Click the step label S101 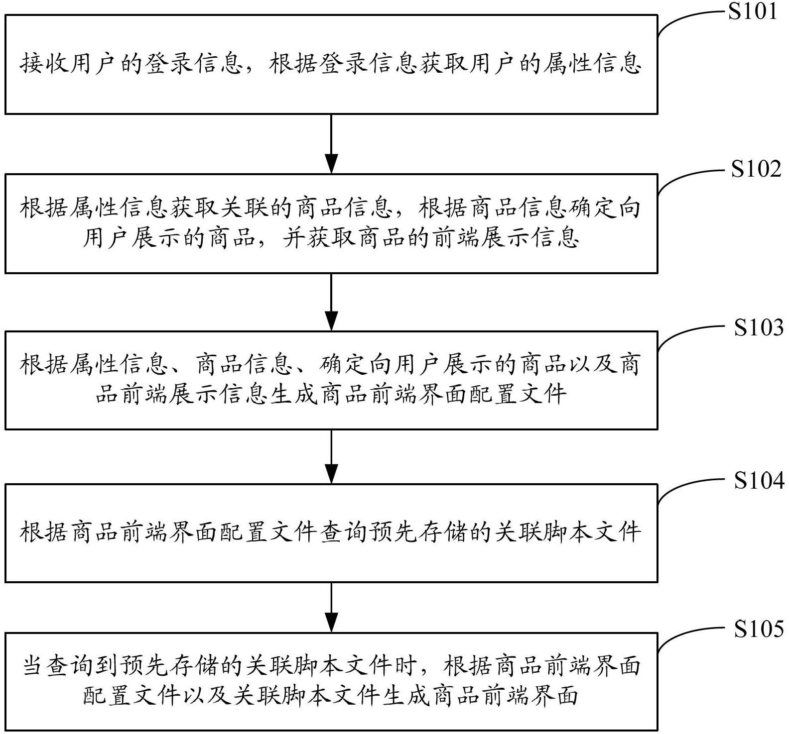752,11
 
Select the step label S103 758,327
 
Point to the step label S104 758,481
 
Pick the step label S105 758,629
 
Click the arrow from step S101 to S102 331,144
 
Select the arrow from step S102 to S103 331,302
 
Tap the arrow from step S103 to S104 331,456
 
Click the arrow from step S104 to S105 331,607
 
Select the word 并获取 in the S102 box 319,238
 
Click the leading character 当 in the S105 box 33,666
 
